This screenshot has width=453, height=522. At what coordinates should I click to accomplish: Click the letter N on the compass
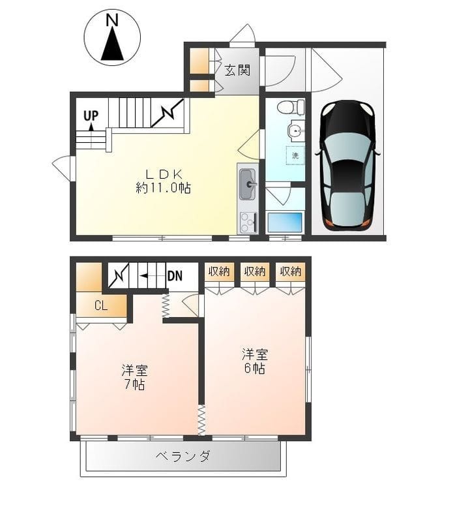click(x=112, y=21)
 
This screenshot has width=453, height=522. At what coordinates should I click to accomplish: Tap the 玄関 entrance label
click(x=237, y=70)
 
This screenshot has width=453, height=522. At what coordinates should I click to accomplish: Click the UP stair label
click(x=91, y=115)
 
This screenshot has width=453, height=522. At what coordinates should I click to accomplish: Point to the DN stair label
click(x=175, y=276)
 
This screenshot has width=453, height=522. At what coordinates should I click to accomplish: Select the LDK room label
click(x=163, y=174)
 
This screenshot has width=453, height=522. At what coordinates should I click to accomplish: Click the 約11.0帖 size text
click(x=163, y=188)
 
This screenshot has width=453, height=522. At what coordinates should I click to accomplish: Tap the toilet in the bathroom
click(x=293, y=106)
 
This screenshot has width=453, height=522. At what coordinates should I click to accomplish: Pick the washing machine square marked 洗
click(x=295, y=155)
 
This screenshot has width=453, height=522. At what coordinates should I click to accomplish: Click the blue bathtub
click(x=285, y=223)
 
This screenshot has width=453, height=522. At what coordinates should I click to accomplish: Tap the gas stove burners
click(x=248, y=223)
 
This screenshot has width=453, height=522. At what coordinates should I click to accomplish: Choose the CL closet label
click(x=101, y=305)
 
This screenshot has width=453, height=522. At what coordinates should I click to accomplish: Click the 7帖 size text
click(x=134, y=384)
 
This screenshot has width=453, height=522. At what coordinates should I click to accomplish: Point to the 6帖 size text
click(x=255, y=369)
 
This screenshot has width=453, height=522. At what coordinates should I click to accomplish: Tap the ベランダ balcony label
click(x=183, y=456)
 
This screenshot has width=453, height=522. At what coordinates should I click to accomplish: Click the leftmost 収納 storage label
click(x=219, y=271)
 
